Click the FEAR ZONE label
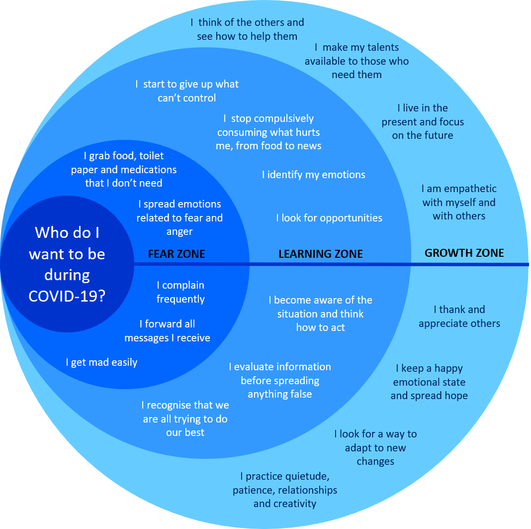tap(177, 254)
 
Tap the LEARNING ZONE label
tap(320, 254)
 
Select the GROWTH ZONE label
tap(464, 253)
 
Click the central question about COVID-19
tap(67, 264)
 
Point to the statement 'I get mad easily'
tap(101, 362)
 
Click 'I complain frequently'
tap(180, 292)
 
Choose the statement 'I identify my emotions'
tap(313, 175)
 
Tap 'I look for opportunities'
tap(329, 218)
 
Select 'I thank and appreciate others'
tap(459, 317)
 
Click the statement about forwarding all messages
tap(167, 331)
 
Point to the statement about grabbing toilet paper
tap(124, 170)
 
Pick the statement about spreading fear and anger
tap(179, 218)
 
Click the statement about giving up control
tap(187, 91)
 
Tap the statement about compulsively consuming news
tap(269, 132)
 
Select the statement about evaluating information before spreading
tap(280, 380)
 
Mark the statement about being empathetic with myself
tap(459, 203)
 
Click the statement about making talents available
tap(356, 61)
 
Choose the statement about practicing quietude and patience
tap(285, 490)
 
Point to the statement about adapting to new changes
tap(375, 447)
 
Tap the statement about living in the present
tap(423, 122)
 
